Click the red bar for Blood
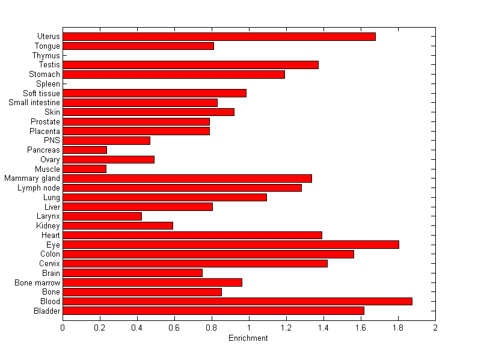coord(237,301)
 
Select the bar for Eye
coord(231,245)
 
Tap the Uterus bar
coord(219,37)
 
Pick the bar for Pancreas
coord(85,150)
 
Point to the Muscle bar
coord(84,169)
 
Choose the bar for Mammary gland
coord(187,178)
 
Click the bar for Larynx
coord(102,216)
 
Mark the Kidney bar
coord(118,225)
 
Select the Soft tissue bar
coord(155,93)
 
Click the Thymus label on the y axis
coord(46,56)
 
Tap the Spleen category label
coord(48,84)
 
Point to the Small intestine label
coord(34,103)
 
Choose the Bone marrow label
coord(37,282)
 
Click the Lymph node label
coord(39,188)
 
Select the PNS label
coord(52,141)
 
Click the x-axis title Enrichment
coord(248,338)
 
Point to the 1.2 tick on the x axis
coord(286,328)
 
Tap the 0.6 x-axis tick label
coord(174,328)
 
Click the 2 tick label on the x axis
coord(435,328)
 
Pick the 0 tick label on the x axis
coord(63,328)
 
